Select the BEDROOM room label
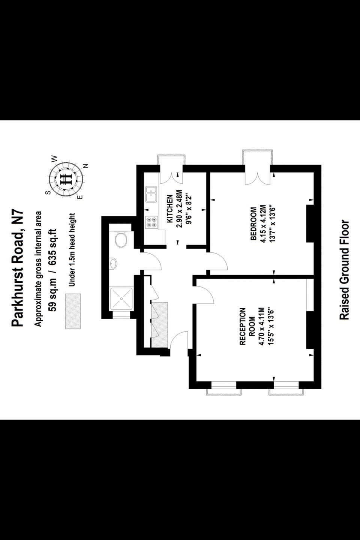coord(253,224)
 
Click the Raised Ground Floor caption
coord(344,270)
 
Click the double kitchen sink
coord(151,194)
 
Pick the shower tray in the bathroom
coord(121,298)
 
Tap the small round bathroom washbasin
coord(113,263)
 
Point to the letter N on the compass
coord(86,166)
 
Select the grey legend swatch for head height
coord(73,311)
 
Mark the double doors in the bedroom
coord(258,178)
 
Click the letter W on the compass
coord(55,158)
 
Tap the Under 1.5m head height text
coord(72,249)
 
